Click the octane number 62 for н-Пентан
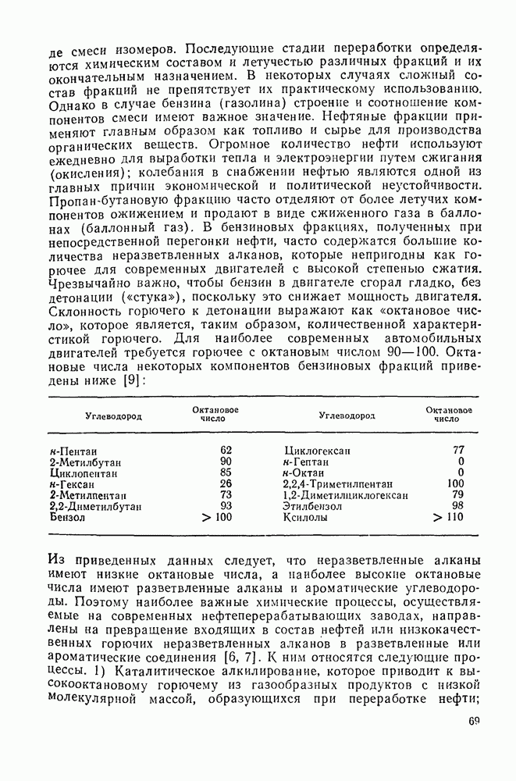click(226, 450)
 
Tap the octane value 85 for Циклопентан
click(226, 473)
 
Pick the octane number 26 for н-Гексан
click(226, 484)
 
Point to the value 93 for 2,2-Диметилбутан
click(226, 506)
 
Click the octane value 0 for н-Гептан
click(461, 462)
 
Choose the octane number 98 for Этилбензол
click(458, 506)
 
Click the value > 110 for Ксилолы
click(453, 518)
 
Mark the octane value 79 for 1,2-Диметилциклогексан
click(458, 495)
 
